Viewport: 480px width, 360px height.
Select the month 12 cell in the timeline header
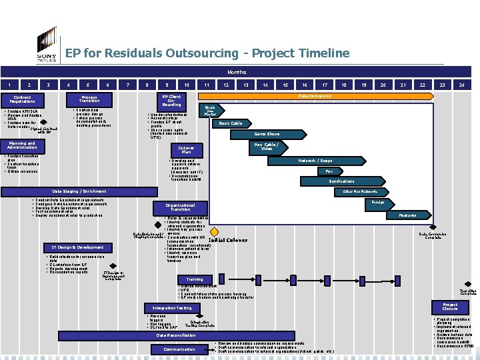point(227,85)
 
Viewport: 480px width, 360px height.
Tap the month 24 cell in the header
point(461,85)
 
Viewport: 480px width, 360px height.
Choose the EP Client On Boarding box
point(171,101)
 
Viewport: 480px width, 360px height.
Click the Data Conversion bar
point(314,96)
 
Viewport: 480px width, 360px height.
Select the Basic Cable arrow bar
point(231,123)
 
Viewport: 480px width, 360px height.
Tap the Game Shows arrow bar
point(266,134)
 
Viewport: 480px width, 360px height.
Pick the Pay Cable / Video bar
point(266,145)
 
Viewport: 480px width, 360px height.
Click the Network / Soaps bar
point(316,161)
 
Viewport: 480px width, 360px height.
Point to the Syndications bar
point(341,181)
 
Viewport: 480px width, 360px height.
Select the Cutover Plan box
point(187,150)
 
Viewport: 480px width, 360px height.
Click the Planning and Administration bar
point(23,145)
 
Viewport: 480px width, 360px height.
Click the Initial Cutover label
point(228,240)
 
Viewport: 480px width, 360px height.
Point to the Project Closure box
point(449,307)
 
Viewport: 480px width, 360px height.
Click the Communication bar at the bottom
point(179,349)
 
